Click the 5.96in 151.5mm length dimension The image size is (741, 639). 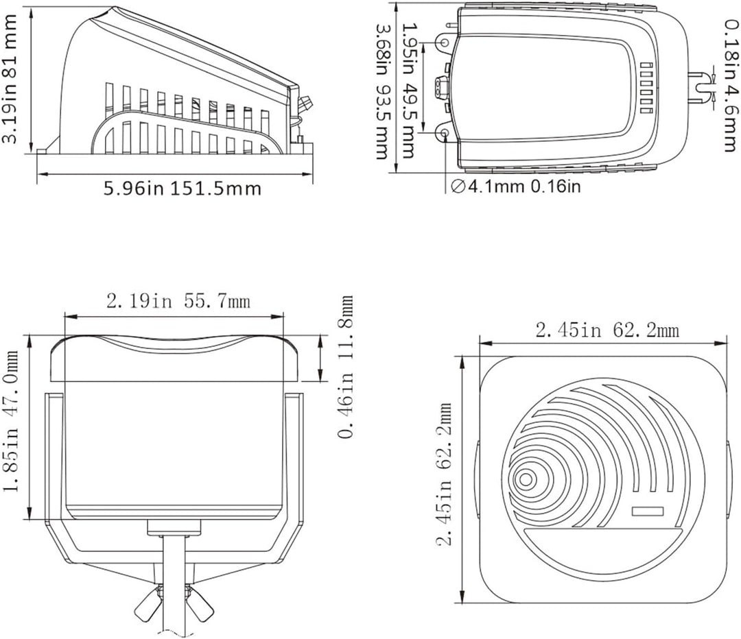(183, 189)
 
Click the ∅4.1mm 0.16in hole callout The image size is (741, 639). (515, 186)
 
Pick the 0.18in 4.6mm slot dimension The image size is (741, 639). (731, 85)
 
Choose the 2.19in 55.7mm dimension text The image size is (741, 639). (178, 301)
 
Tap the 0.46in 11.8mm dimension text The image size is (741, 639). (346, 367)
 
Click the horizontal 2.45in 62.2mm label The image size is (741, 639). (607, 330)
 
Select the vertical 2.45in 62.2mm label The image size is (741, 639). (444, 474)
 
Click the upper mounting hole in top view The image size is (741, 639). (445, 43)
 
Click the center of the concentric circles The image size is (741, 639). (525, 480)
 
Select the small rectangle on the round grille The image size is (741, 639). (648, 511)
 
